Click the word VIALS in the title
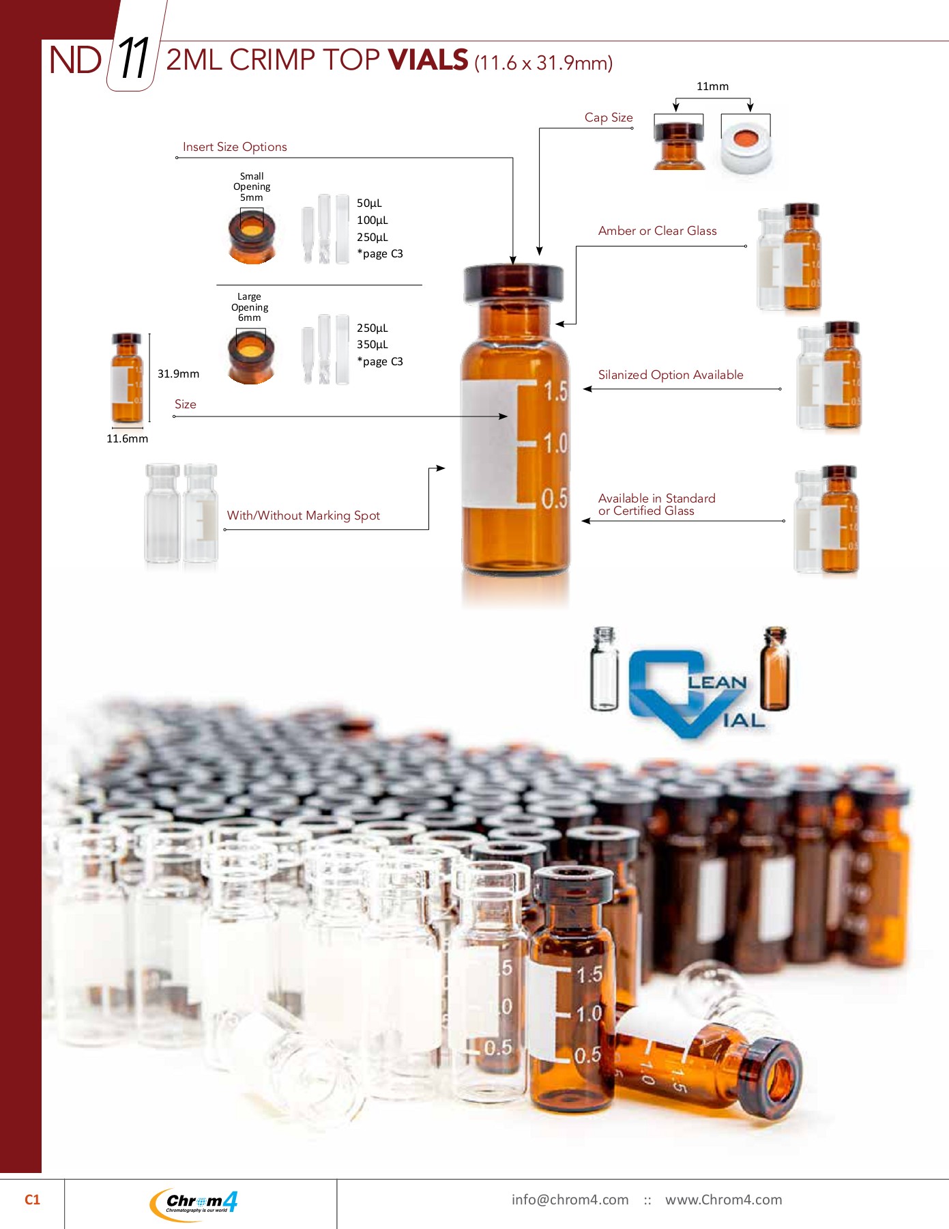tap(428, 60)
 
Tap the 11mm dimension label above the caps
tap(712, 87)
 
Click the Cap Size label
tap(609, 117)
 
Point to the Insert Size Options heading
tap(235, 147)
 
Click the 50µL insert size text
tap(369, 203)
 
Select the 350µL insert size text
tap(372, 345)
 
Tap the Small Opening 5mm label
tap(252, 186)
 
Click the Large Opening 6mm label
tap(250, 307)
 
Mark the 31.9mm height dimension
tap(178, 373)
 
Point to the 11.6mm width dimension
tap(127, 438)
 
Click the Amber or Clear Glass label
tap(657, 231)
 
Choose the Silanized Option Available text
tap(671, 375)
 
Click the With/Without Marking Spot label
tap(303, 515)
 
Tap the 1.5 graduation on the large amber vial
tap(555, 391)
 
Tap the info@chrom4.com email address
tap(570, 1200)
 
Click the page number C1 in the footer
tap(32, 1200)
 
